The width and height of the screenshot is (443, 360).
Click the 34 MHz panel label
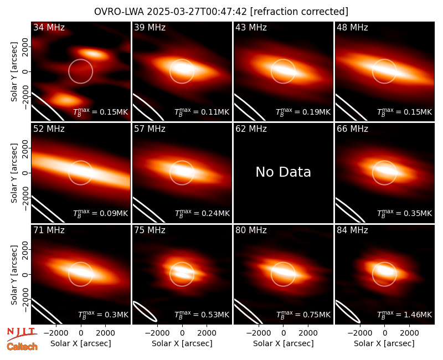click(x=49, y=27)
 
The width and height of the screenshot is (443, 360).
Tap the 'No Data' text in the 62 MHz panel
click(x=283, y=172)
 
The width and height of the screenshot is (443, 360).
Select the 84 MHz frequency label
click(x=352, y=230)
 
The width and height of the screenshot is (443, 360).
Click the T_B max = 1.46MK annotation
click(x=405, y=315)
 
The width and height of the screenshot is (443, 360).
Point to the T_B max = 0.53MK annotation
click(x=202, y=315)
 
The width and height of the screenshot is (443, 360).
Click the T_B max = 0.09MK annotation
click(x=101, y=213)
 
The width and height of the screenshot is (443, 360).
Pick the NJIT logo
click(x=22, y=334)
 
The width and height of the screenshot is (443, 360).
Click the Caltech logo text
click(x=22, y=347)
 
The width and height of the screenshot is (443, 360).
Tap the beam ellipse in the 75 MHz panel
click(x=145, y=311)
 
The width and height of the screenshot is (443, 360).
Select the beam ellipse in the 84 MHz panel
click(x=348, y=311)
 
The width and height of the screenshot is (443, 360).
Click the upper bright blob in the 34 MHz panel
click(x=91, y=53)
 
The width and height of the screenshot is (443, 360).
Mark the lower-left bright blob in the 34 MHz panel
click(x=65, y=99)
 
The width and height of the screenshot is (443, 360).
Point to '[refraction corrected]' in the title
click(x=299, y=12)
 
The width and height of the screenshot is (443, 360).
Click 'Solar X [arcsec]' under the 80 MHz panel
click(x=283, y=343)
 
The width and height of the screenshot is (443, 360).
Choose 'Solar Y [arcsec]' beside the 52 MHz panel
click(x=14, y=173)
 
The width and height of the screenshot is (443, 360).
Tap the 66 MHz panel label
click(x=352, y=129)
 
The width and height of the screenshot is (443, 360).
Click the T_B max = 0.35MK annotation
click(x=405, y=213)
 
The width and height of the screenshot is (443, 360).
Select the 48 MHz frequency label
click(x=352, y=27)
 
